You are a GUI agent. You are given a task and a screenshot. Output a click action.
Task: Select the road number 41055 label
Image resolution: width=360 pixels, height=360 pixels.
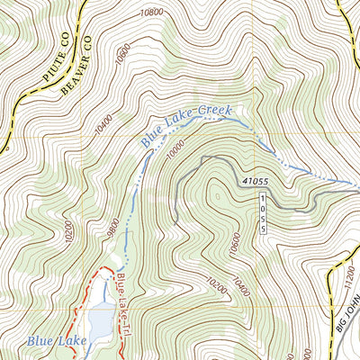[256, 182]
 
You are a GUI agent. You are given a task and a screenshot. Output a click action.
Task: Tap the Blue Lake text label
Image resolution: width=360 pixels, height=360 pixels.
[56, 340]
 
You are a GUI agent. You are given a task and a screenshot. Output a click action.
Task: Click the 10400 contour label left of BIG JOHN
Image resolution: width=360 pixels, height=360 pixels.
[238, 286]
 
